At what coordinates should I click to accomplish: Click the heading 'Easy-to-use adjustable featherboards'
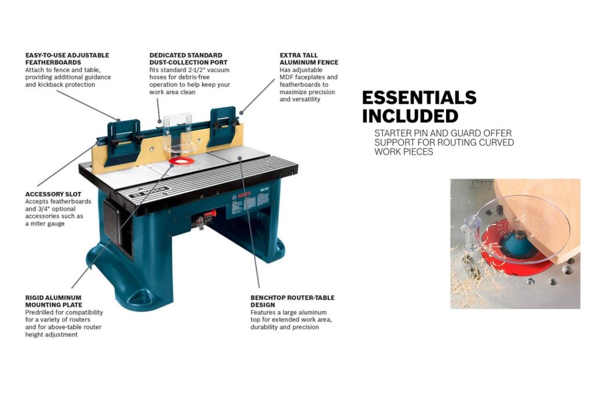pos(67,59)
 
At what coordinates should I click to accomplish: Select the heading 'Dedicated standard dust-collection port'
pos(188,59)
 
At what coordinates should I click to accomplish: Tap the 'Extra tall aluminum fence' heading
pos(309,59)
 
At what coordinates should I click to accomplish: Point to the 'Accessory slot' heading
pos(53,194)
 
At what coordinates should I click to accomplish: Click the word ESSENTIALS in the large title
pos(419,97)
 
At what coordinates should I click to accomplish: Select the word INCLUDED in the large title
pos(410,115)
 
